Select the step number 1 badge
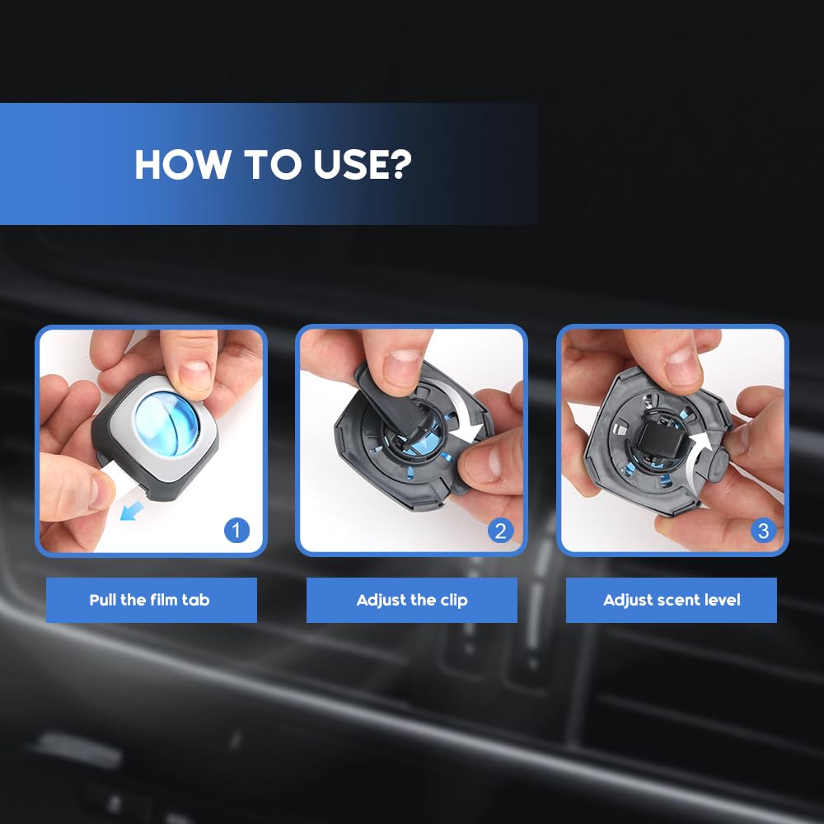(x=236, y=531)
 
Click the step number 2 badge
(x=500, y=531)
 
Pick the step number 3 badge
(x=763, y=531)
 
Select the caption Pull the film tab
(x=149, y=600)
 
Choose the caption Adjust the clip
(x=412, y=600)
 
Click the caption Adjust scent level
(x=672, y=600)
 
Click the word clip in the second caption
(x=452, y=600)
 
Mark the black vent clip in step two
(x=396, y=404)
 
